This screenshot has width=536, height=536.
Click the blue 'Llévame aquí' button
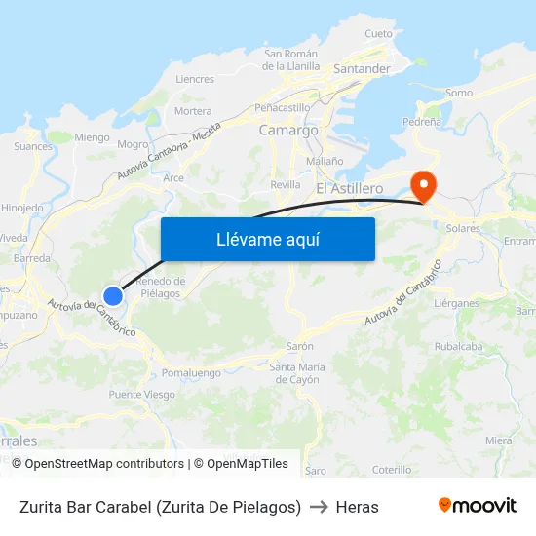coord(267,239)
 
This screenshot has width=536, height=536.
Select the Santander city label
coord(362,69)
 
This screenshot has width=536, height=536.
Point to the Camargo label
coord(288,130)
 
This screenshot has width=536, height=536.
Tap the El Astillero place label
coord(349,187)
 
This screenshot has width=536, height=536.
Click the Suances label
coord(33,147)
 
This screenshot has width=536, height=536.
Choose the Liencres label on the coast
coord(194,80)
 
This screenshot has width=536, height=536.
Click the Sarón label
coord(299,346)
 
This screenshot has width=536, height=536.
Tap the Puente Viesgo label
coord(142,395)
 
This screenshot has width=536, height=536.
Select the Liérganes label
coord(456,303)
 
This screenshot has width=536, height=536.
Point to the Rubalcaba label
coord(459,346)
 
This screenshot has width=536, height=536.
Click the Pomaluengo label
coord(190,372)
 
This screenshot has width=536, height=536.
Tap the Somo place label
coord(458,94)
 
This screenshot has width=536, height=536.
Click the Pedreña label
coord(423,123)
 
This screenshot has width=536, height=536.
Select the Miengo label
coord(92,137)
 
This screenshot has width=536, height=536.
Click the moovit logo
coord(477,506)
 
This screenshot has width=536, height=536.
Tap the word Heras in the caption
coord(357,507)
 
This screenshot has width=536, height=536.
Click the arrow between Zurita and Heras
coord(319,507)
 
